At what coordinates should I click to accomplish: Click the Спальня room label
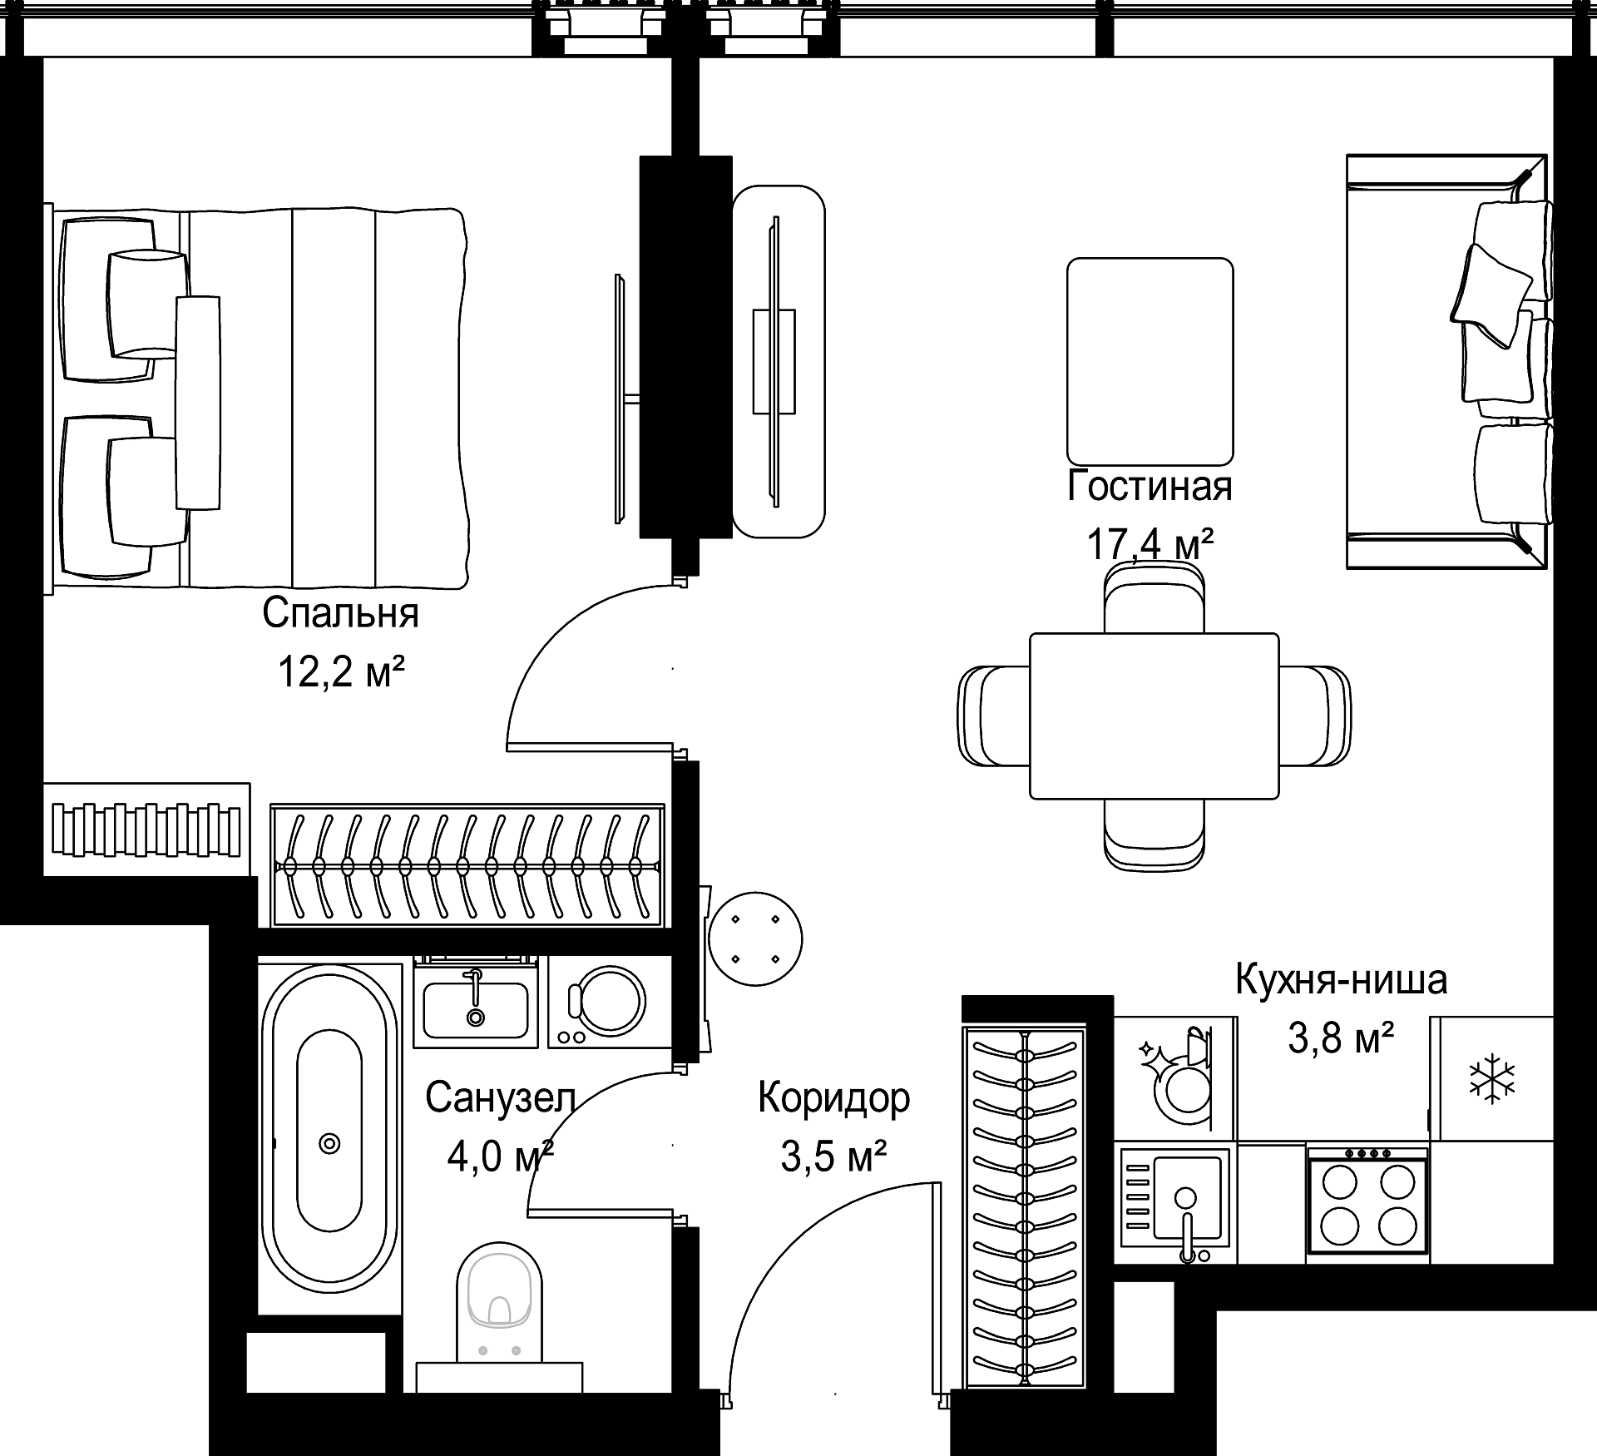pyautogui.click(x=340, y=614)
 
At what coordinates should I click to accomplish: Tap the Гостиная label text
pyautogui.click(x=1150, y=487)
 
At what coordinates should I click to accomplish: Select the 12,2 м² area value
pyautogui.click(x=341, y=671)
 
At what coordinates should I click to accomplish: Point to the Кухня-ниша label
pyautogui.click(x=1341, y=979)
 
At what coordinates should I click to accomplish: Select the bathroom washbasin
pyautogui.click(x=475, y=1002)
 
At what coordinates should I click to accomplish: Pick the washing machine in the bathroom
pyautogui.click(x=610, y=1002)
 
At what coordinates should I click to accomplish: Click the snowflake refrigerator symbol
pyautogui.click(x=1492, y=1078)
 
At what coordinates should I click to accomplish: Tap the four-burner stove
pyautogui.click(x=1367, y=1203)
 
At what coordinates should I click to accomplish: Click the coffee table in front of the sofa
pyautogui.click(x=1150, y=361)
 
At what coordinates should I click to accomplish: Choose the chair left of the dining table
pyautogui.click(x=994, y=716)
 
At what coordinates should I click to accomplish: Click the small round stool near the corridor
pyautogui.click(x=755, y=938)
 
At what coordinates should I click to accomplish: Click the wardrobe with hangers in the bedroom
pyautogui.click(x=467, y=865)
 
